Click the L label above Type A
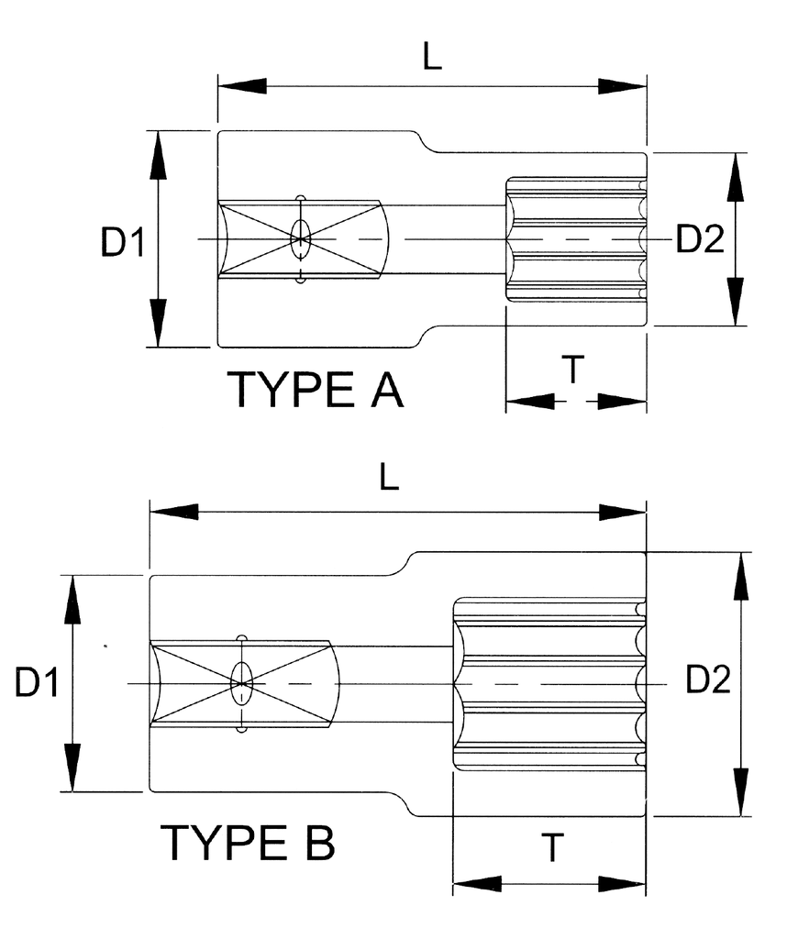tap(432, 57)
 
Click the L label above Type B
tap(390, 477)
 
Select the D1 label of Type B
tap(37, 683)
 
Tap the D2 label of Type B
tap(708, 680)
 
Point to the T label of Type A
tap(573, 370)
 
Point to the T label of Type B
tap(549, 849)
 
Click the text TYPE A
tap(316, 391)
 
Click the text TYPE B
tap(249, 843)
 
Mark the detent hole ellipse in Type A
tap(300, 238)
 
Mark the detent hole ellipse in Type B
tap(242, 683)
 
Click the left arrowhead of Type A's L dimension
tap(240, 86)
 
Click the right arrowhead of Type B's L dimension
tap(624, 512)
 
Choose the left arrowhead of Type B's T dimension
tap(476, 885)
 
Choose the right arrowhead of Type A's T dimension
tap(624, 401)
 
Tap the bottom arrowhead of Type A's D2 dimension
tap(735, 303)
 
